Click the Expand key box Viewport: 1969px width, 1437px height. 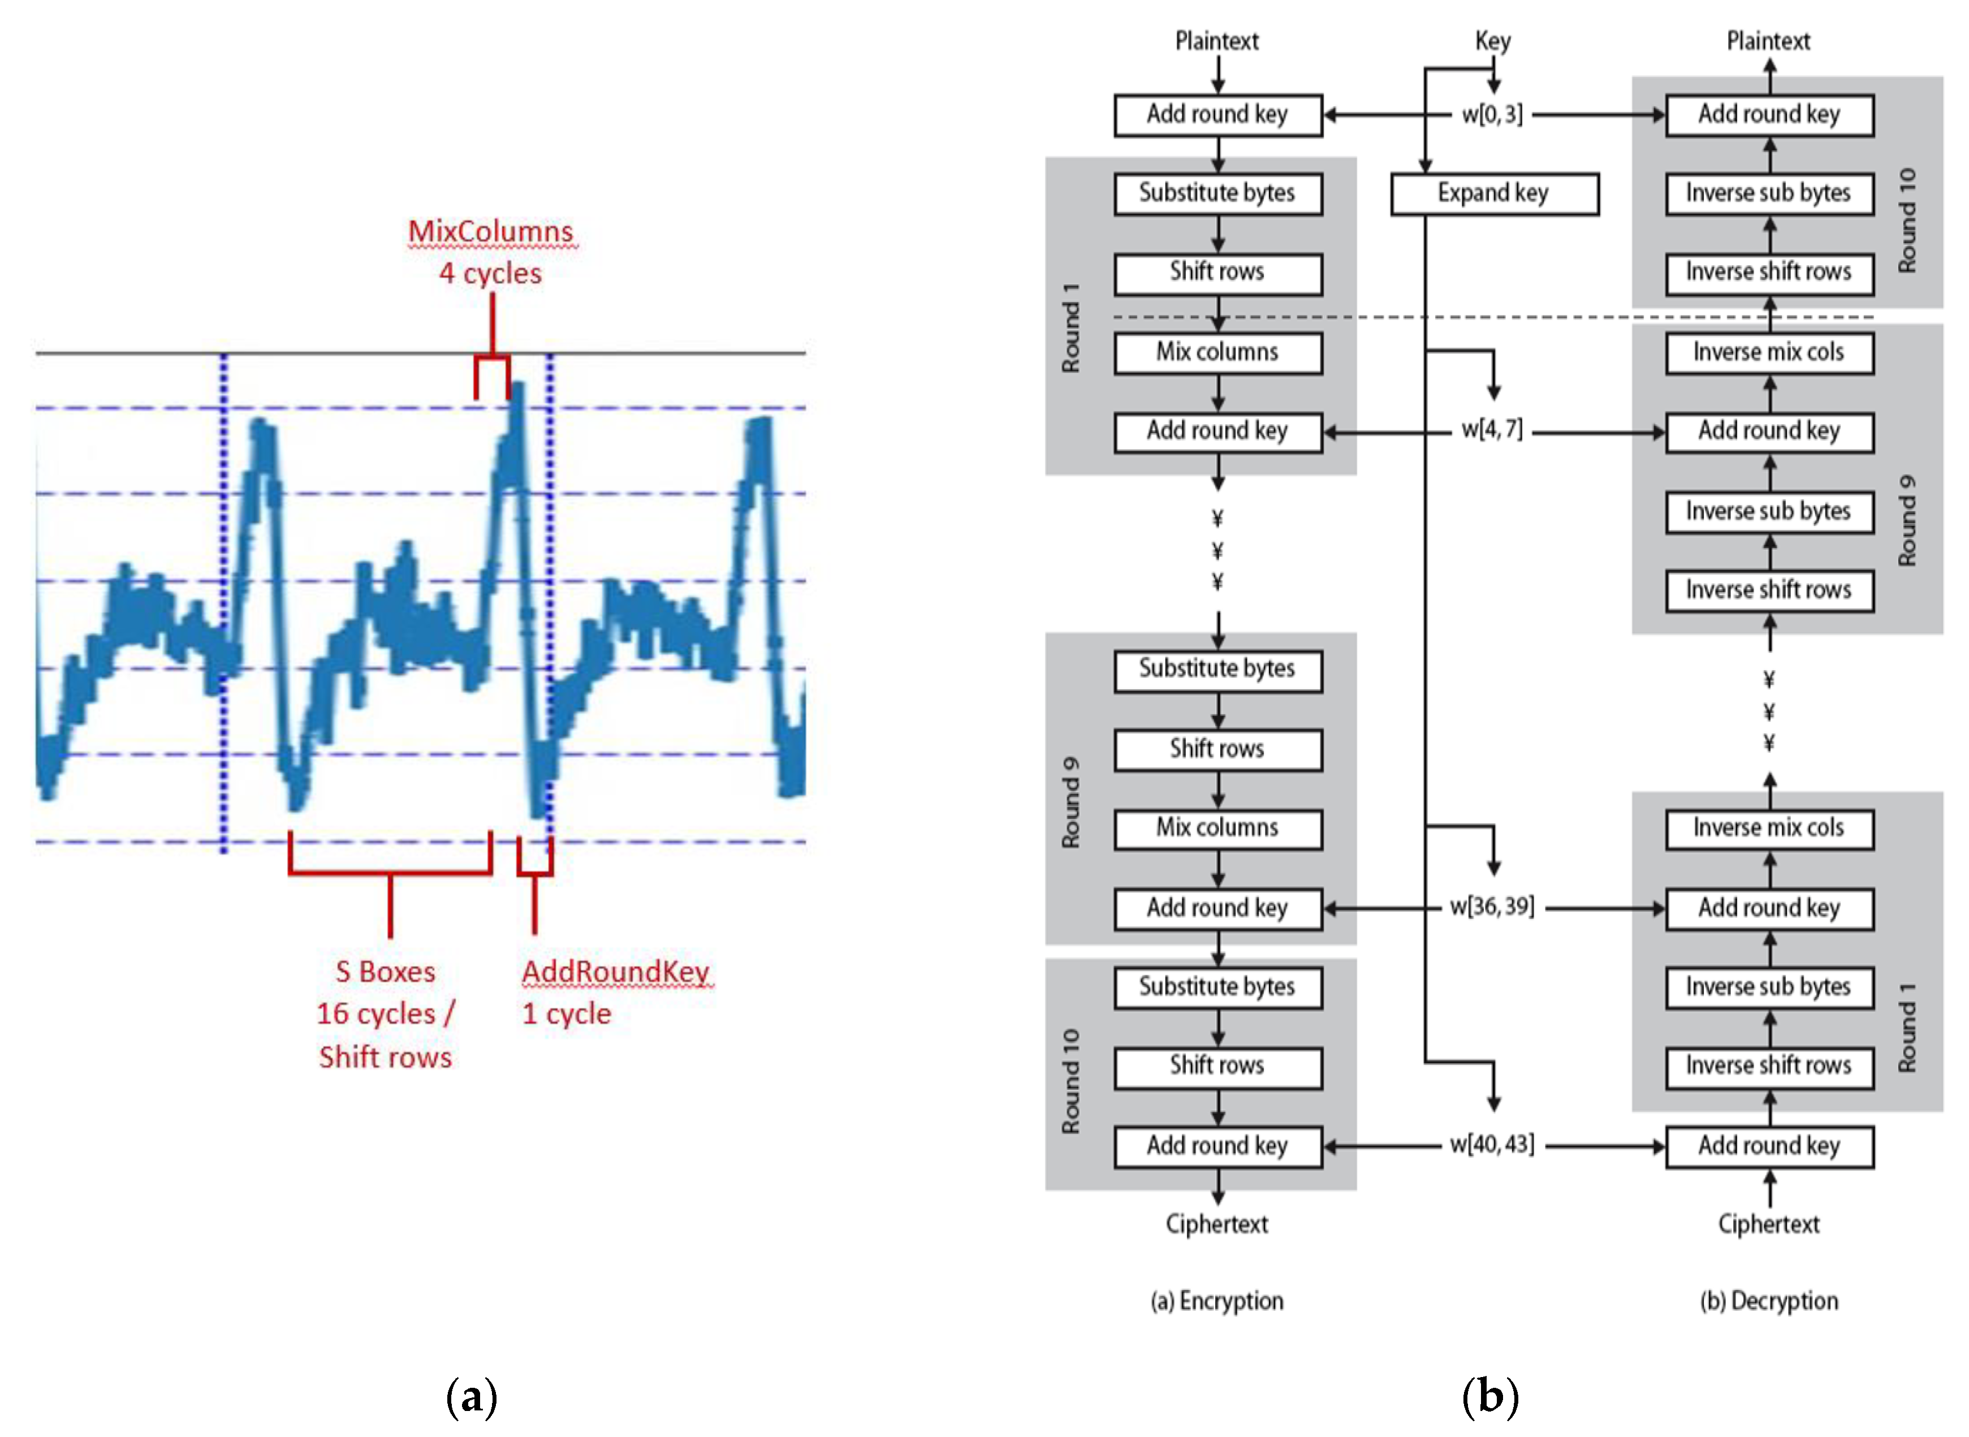coord(1493,193)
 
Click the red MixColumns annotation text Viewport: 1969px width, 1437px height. coord(490,231)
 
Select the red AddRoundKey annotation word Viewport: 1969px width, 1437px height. coord(616,971)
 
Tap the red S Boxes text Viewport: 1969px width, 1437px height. coord(385,971)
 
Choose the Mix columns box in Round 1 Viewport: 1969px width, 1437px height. coord(1217,352)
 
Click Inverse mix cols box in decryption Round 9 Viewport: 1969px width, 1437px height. coord(1768,352)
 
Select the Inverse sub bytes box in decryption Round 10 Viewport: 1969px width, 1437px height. coord(1768,193)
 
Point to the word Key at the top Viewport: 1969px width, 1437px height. coord(1492,41)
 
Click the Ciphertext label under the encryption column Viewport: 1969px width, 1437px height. coord(1217,1224)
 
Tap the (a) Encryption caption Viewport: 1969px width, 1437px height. coord(1217,1301)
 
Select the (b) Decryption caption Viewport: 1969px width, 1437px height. coord(1768,1301)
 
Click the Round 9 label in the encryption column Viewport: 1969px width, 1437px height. coord(1070,802)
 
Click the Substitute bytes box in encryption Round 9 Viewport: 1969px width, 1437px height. coord(1217,669)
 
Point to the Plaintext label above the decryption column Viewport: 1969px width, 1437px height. coord(1768,41)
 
